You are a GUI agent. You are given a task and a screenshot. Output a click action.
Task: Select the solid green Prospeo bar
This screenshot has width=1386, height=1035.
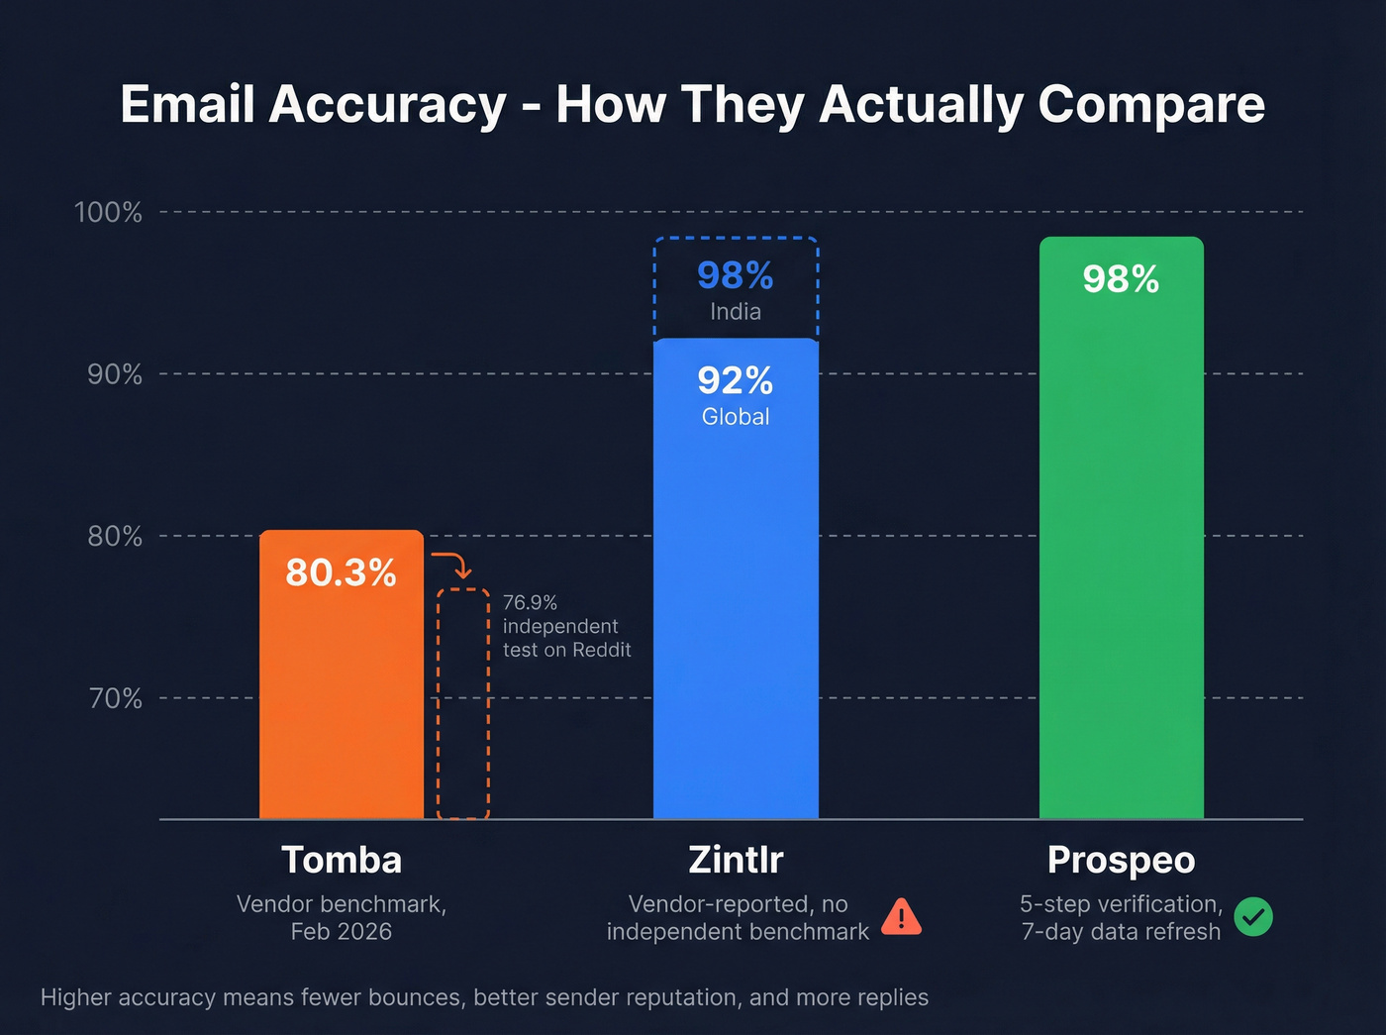point(1121,555)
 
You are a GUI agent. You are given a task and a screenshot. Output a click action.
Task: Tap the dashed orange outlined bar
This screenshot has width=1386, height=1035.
point(463,703)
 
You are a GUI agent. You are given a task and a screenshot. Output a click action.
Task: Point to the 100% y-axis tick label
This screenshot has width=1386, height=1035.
point(109,212)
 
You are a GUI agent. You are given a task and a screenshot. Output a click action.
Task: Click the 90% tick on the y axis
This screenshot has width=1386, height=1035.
point(115,374)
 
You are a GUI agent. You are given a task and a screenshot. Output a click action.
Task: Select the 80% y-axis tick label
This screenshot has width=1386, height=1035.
point(115,536)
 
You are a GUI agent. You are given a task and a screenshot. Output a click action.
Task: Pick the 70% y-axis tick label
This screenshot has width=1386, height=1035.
point(116,698)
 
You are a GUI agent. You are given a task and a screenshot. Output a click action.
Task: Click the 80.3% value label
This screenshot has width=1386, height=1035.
point(341,572)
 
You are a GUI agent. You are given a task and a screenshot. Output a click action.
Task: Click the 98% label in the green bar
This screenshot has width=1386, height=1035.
point(1121,279)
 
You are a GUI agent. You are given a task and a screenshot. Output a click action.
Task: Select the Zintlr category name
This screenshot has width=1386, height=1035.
point(736,860)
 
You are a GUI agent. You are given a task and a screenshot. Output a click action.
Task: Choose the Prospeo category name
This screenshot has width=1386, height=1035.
point(1121,860)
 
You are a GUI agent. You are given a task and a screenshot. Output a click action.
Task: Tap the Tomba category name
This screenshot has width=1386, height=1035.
point(342,860)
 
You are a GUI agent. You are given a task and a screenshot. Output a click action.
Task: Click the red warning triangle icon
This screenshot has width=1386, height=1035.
point(901,917)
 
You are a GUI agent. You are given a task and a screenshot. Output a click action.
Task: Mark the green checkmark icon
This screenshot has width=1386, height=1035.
point(1253,917)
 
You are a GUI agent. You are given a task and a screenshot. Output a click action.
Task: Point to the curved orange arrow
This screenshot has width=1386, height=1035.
point(453,565)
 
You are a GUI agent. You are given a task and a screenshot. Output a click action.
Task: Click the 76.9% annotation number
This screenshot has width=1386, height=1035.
point(530,602)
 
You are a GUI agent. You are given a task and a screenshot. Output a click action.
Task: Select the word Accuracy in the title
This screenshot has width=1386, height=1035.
point(387,104)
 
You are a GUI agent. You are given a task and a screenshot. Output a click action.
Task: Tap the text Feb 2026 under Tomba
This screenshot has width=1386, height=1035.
point(342,932)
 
